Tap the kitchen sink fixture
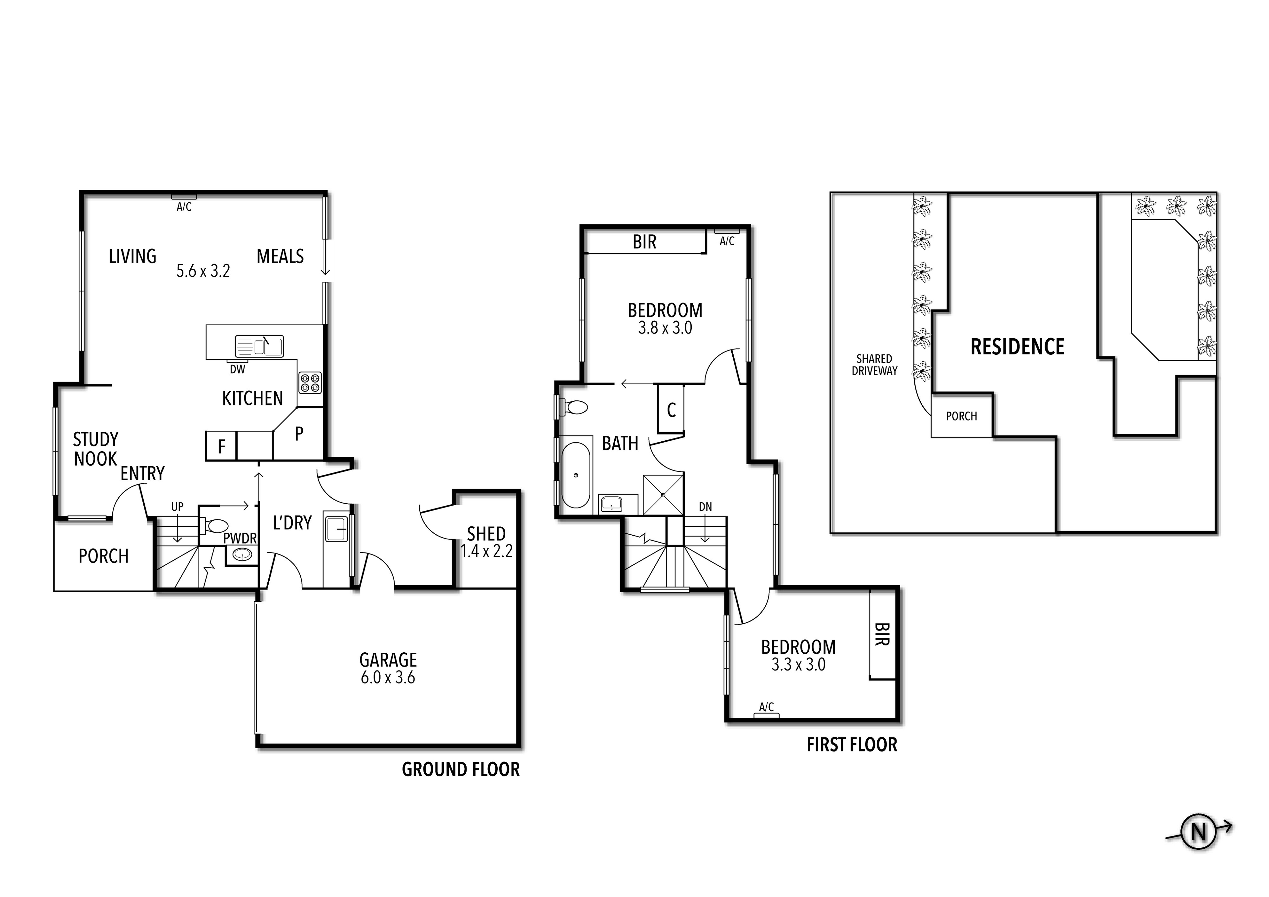(259, 346)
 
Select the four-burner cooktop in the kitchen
(310, 383)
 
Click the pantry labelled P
(299, 434)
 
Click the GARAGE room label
(388, 660)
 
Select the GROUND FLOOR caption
(460, 770)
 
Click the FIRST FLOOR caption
(852, 745)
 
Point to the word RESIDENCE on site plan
(1017, 347)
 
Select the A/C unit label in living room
(184, 207)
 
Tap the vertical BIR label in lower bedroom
(882, 634)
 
